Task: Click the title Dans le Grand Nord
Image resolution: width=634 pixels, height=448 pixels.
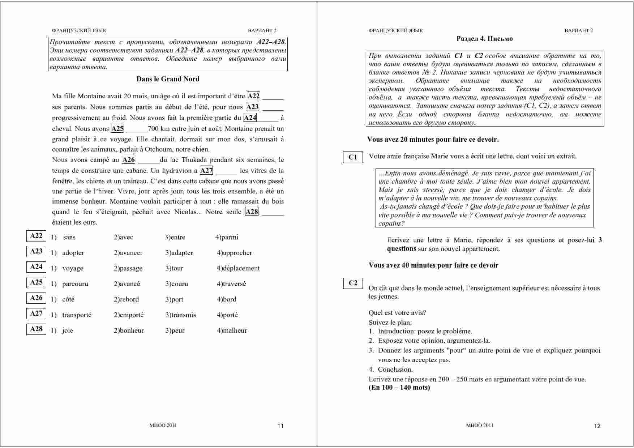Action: pyautogui.click(x=168, y=79)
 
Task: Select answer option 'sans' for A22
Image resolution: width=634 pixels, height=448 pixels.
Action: pyautogui.click(x=69, y=238)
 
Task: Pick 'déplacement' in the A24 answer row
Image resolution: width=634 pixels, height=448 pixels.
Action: pyautogui.click(x=240, y=269)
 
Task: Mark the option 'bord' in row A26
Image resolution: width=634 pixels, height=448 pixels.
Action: pyautogui.click(x=229, y=300)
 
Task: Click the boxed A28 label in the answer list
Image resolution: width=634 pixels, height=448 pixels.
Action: pyautogui.click(x=36, y=329)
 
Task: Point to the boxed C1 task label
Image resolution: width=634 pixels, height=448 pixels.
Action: pyautogui.click(x=353, y=157)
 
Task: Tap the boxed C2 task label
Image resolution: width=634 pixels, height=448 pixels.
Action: pyautogui.click(x=353, y=283)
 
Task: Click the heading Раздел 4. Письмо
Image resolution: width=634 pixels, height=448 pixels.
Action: pyautogui.click(x=484, y=39)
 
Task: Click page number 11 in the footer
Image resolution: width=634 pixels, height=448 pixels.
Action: pyautogui.click(x=280, y=426)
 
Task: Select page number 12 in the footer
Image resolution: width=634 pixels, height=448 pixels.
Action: pyautogui.click(x=597, y=426)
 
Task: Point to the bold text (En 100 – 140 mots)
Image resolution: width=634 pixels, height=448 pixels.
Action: pyautogui.click(x=399, y=388)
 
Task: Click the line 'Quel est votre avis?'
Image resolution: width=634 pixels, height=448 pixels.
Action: pyautogui.click(x=397, y=313)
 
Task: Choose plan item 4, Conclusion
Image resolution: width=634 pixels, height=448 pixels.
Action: pyautogui.click(x=395, y=370)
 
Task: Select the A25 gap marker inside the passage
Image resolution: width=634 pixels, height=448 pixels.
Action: pyautogui.click(x=117, y=129)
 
